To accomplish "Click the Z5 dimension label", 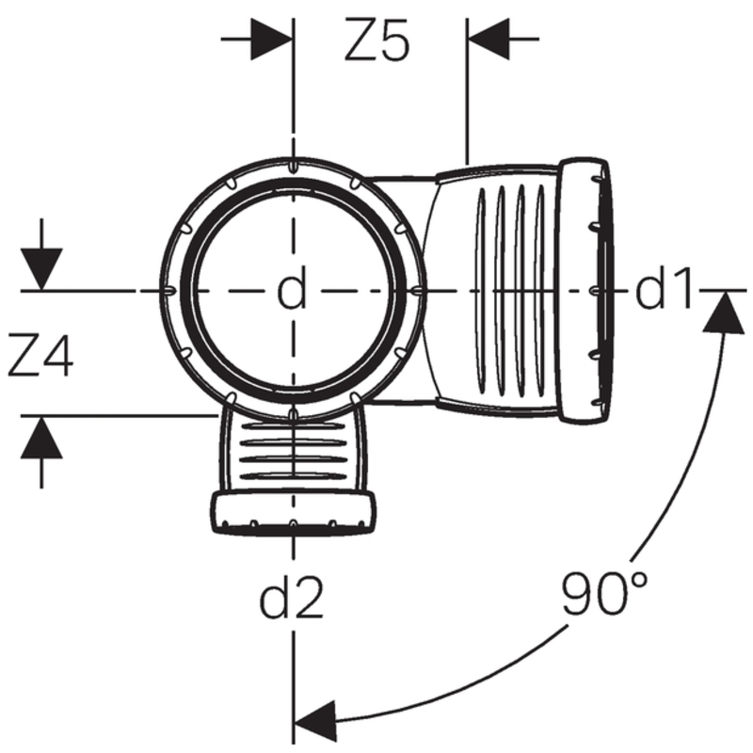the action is pyautogui.click(x=376, y=42).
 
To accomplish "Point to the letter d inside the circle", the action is pyautogui.click(x=292, y=292).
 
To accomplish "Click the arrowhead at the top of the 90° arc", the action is pyautogui.click(x=723, y=311).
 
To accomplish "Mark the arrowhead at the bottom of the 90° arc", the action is pyautogui.click(x=315, y=717).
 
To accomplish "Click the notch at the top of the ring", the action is pyautogui.click(x=293, y=167).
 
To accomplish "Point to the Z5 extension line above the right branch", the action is pyautogui.click(x=467, y=104).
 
